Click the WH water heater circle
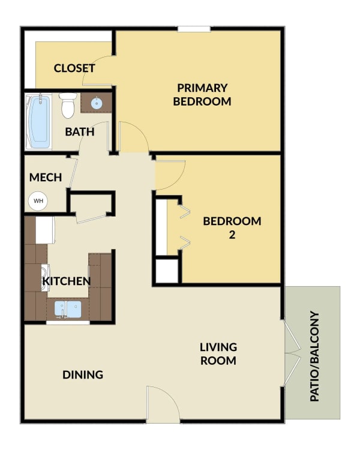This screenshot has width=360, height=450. tap(38, 201)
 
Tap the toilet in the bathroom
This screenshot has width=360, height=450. tap(68, 106)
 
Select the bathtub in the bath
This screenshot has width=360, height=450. tap(38, 122)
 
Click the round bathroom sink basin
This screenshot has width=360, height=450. tap(97, 103)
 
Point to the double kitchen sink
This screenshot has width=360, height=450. tap(68, 309)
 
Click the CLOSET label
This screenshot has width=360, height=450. tap(74, 68)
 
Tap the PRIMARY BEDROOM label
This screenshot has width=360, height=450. tap(202, 95)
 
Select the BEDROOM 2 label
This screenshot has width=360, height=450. tap(232, 228)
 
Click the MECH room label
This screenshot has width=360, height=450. tap(46, 178)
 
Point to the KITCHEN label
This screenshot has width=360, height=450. tap(67, 281)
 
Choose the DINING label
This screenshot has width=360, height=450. tap(83, 374)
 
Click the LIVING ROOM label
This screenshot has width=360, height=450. tap(218, 354)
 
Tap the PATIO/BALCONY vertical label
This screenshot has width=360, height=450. tap(314, 356)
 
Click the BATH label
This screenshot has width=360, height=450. tap(80, 132)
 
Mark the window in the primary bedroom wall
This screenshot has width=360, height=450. tap(194, 29)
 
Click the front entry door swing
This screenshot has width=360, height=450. tap(163, 404)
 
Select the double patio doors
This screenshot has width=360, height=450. tap(292, 353)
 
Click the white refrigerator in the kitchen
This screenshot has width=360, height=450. tap(45, 230)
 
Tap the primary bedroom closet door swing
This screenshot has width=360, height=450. tap(97, 70)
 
